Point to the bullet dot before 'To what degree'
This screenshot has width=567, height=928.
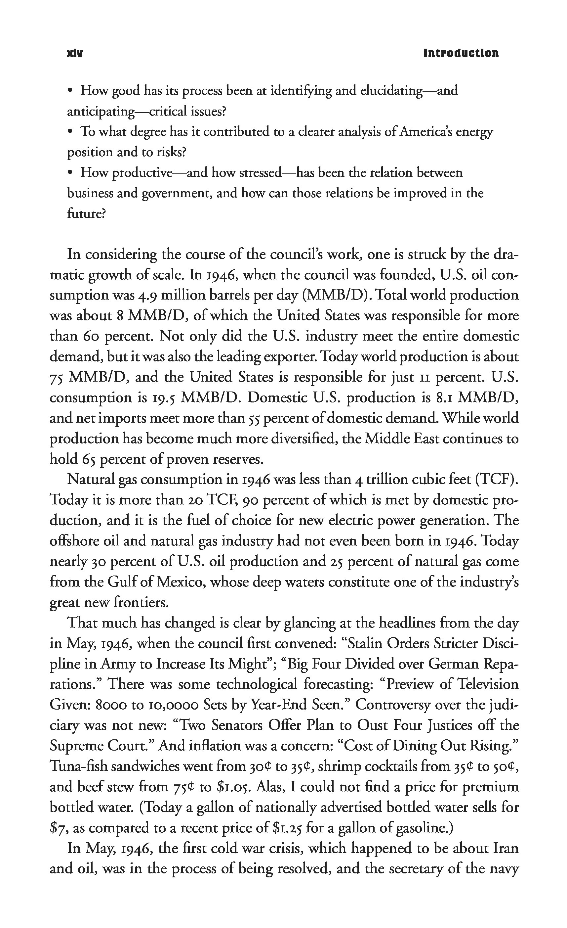(x=70, y=132)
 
